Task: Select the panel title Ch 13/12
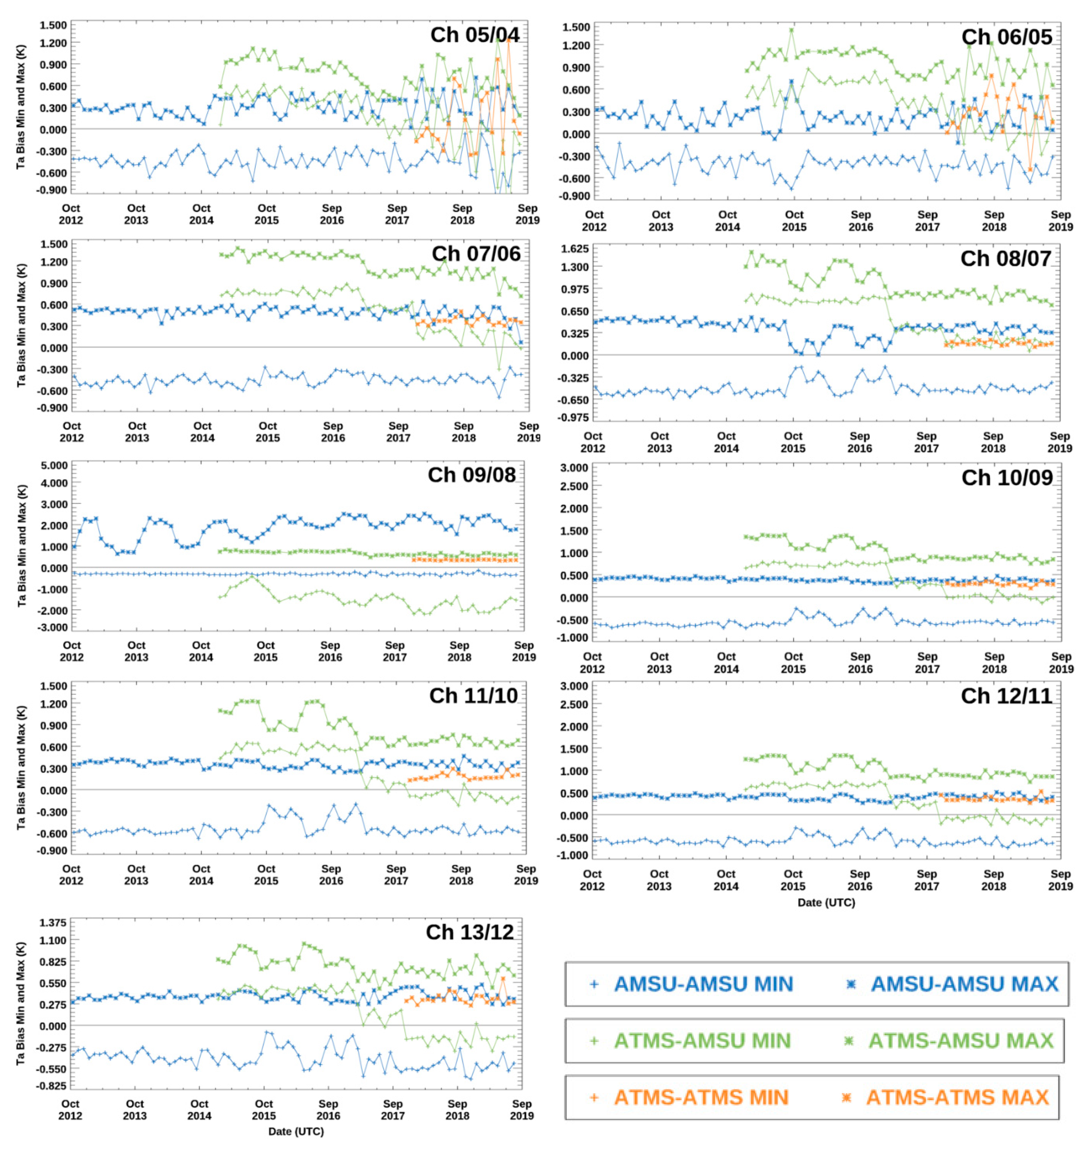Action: pos(470,932)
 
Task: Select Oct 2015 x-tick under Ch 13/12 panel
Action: pos(264,1109)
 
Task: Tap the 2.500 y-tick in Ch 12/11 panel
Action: pos(574,704)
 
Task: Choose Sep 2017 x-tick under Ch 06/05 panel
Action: pos(927,221)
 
